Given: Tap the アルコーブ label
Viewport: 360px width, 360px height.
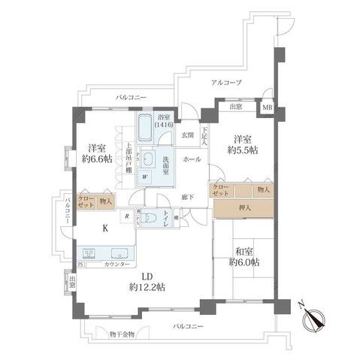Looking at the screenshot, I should point(226,83).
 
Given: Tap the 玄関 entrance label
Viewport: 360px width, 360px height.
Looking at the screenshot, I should point(186,135).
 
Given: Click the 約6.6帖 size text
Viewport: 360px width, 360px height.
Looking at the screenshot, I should point(94,160).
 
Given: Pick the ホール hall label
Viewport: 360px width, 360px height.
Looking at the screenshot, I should point(191,160).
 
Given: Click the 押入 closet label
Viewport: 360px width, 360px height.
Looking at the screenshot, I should point(244,207).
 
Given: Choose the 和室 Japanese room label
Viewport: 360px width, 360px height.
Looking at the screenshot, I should point(243,251).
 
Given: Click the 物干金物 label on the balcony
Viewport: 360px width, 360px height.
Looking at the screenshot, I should point(122,334).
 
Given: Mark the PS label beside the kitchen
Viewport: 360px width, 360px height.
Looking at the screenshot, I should point(80,265).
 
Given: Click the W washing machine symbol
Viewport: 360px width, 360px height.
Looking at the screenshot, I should point(156,177).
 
